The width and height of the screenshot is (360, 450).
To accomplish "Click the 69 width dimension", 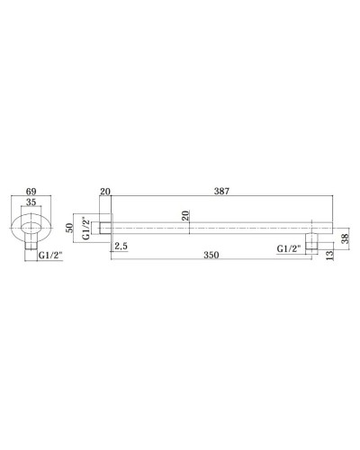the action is pyautogui.click(x=31, y=191).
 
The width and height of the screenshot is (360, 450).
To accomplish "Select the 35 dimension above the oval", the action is pyautogui.click(x=31, y=202).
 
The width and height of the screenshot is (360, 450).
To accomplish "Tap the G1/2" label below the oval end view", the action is pyautogui.click(x=49, y=256).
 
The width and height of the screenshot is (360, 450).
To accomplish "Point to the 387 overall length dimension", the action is pyautogui.click(x=221, y=191).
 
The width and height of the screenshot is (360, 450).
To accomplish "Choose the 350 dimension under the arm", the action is pyautogui.click(x=211, y=255).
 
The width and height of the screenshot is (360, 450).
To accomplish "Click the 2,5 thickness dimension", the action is pyautogui.click(x=121, y=246).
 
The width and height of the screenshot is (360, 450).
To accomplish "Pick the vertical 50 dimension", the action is pyautogui.click(x=69, y=228).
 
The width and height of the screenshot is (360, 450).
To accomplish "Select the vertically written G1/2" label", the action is pyautogui.click(x=86, y=228).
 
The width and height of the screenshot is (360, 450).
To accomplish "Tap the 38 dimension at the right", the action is pyautogui.click(x=346, y=238).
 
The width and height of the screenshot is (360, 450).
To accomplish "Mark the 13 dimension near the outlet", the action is pyautogui.click(x=329, y=255).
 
